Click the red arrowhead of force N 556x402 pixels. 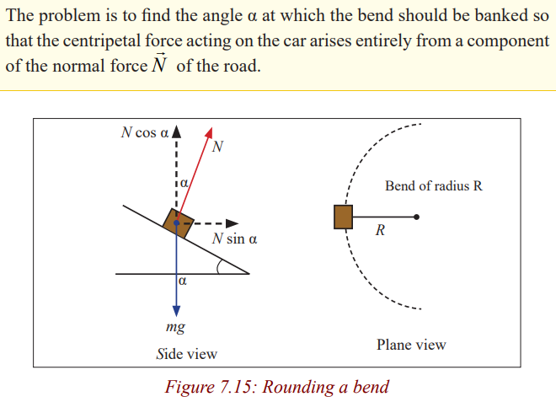tap(209, 132)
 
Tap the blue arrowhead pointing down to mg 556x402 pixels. tap(176, 311)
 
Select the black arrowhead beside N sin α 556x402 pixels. tap(233, 223)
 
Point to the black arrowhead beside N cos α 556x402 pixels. tap(176, 131)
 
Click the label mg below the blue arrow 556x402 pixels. tap(175, 327)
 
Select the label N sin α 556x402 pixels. tap(234, 239)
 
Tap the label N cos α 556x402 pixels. tap(144, 132)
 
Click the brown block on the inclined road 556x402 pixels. tap(178, 223)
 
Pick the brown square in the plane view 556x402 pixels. tap(343, 217)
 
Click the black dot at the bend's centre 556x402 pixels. tap(417, 217)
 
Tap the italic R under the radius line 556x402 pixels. tap(380, 230)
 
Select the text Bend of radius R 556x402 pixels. tap(434, 185)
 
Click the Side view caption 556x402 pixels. tap(187, 354)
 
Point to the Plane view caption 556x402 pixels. tap(411, 345)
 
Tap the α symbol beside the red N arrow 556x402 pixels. tap(184, 183)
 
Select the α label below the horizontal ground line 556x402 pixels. tap(182, 281)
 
